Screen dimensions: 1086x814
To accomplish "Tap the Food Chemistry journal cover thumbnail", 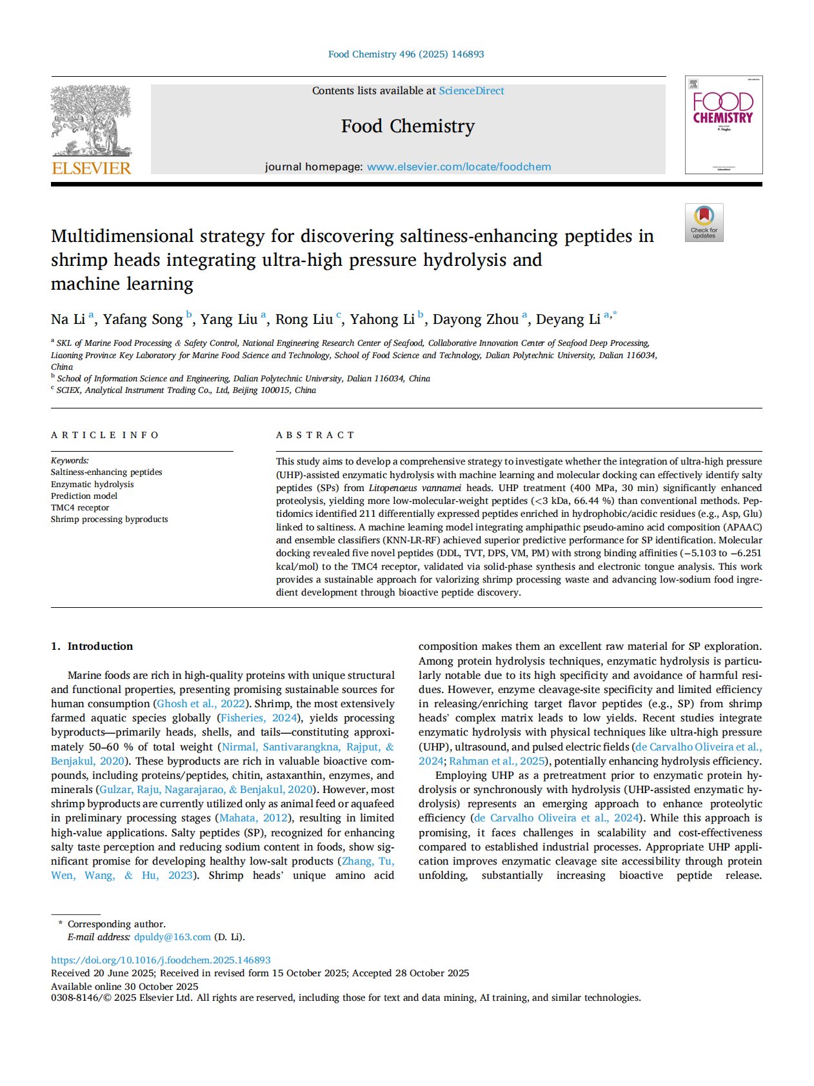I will [723, 125].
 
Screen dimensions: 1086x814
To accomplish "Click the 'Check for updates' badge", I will [704, 223].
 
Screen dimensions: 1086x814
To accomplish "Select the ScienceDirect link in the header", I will [472, 91].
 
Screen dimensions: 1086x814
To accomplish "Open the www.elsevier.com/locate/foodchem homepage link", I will [459, 166].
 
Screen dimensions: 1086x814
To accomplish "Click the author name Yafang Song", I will [143, 319].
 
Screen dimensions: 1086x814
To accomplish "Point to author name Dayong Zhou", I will [475, 319].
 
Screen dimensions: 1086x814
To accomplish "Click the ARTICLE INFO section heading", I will [104, 435].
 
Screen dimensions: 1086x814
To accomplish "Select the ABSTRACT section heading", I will [315, 435].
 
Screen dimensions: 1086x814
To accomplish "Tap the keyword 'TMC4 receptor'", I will [80, 507].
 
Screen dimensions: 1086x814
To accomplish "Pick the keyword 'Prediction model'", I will [84, 496].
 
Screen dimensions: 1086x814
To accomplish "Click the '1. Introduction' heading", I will [92, 646].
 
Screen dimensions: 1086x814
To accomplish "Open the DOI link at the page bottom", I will [161, 960].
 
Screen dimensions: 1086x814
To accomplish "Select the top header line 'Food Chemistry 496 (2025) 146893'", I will [406, 54].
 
